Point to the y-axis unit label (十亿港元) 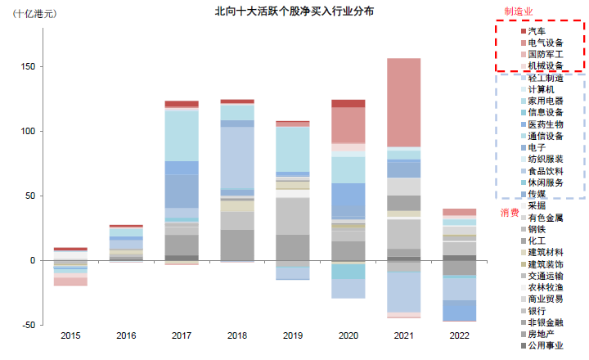click(35, 15)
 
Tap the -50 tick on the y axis click(27, 325)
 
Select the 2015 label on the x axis click(70, 336)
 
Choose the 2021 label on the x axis click(403, 336)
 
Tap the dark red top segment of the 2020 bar click(348, 104)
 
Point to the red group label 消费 click(509, 213)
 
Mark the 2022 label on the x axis click(459, 336)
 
